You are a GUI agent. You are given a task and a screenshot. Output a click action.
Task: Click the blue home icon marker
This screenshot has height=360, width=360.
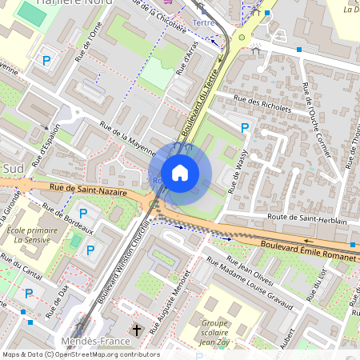[x=180, y=173]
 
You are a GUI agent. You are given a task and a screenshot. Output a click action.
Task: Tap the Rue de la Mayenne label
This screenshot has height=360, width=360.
[x=126, y=135]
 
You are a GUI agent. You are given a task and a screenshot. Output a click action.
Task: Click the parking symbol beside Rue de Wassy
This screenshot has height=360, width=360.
[x=245, y=127]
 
